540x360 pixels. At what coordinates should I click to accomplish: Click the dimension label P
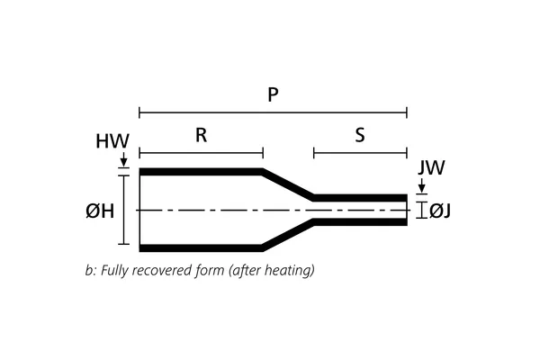(x=273, y=94)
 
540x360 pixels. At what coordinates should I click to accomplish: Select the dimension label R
(x=202, y=136)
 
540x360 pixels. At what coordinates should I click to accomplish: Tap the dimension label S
(x=360, y=136)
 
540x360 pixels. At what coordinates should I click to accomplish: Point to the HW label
(x=112, y=142)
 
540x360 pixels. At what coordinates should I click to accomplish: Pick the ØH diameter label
(x=99, y=211)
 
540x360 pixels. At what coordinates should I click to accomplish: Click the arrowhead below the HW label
(x=122, y=162)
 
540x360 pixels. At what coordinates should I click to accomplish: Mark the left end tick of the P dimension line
(x=139, y=112)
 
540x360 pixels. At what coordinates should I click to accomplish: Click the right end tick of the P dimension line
(x=407, y=112)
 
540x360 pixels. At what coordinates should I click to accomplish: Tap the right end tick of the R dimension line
(x=263, y=153)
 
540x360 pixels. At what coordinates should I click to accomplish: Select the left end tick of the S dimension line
(x=313, y=153)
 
